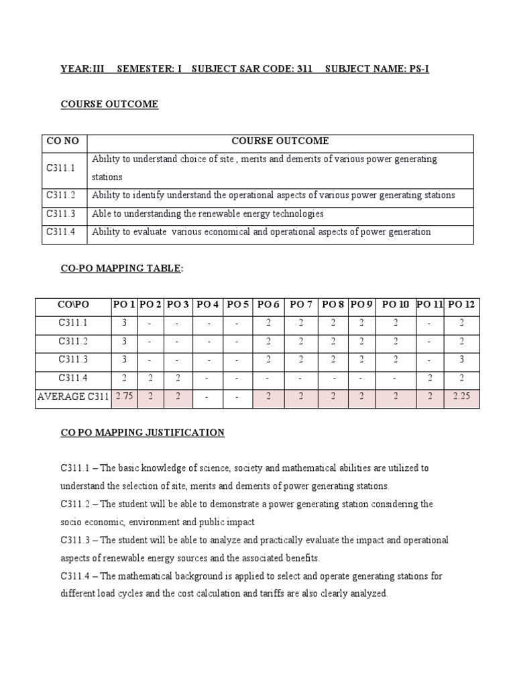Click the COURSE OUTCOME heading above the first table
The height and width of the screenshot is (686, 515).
pos(109,105)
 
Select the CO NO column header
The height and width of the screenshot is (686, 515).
pos(63,141)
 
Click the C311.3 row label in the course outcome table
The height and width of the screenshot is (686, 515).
pos(62,214)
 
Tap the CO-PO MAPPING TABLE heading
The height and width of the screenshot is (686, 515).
pos(121,269)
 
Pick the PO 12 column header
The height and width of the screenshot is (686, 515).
pos(461,305)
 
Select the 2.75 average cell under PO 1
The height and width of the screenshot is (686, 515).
pos(125,397)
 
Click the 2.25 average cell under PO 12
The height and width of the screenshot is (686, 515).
pos(461,397)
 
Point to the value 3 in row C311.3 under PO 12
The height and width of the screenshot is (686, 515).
pos(461,360)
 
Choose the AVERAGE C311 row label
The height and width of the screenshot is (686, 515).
pos(73,397)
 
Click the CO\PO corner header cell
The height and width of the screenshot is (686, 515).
pos(73,305)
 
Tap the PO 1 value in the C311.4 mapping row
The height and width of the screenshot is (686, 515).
pos(125,378)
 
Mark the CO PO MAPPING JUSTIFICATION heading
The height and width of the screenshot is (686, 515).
pos(143,433)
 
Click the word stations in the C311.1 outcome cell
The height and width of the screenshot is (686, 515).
pos(107,178)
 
